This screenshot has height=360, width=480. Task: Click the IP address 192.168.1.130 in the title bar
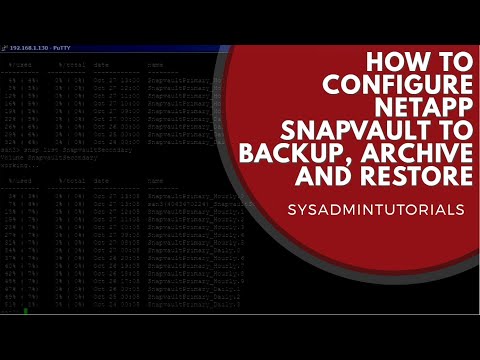(30, 47)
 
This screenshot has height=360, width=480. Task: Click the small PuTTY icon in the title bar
(6, 47)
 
